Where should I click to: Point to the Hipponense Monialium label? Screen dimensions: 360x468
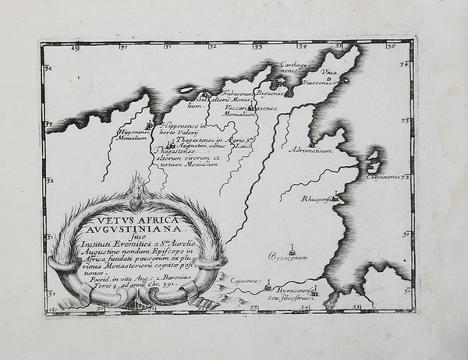(x=129, y=137)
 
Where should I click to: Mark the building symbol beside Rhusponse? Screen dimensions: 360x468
(x=336, y=198)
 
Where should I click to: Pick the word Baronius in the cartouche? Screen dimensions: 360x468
(x=182, y=277)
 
